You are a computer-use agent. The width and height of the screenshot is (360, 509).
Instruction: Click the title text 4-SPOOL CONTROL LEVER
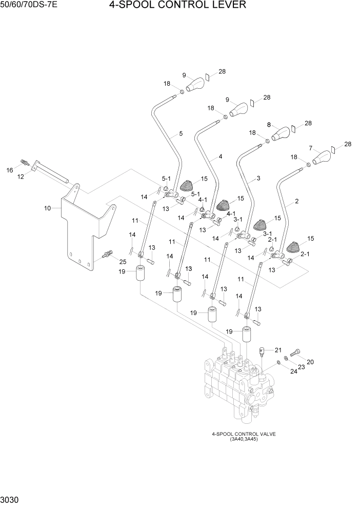(x=177, y=6)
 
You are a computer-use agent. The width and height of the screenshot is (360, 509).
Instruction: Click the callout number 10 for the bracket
(x=47, y=208)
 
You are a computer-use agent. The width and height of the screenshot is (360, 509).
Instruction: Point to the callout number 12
(x=21, y=177)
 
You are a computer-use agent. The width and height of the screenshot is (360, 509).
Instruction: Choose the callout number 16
(x=9, y=169)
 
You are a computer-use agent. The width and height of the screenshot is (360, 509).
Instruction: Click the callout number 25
(x=123, y=262)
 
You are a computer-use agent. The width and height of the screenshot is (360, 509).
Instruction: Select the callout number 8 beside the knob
(x=269, y=124)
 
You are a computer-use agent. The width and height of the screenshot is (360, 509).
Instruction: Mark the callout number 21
(x=278, y=350)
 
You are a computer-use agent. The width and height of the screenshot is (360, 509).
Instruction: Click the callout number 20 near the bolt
(x=310, y=362)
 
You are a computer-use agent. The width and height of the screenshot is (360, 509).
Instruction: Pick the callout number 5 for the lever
(x=181, y=134)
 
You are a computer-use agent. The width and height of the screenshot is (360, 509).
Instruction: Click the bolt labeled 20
(x=297, y=353)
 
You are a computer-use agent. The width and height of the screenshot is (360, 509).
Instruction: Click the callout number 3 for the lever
(x=258, y=178)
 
